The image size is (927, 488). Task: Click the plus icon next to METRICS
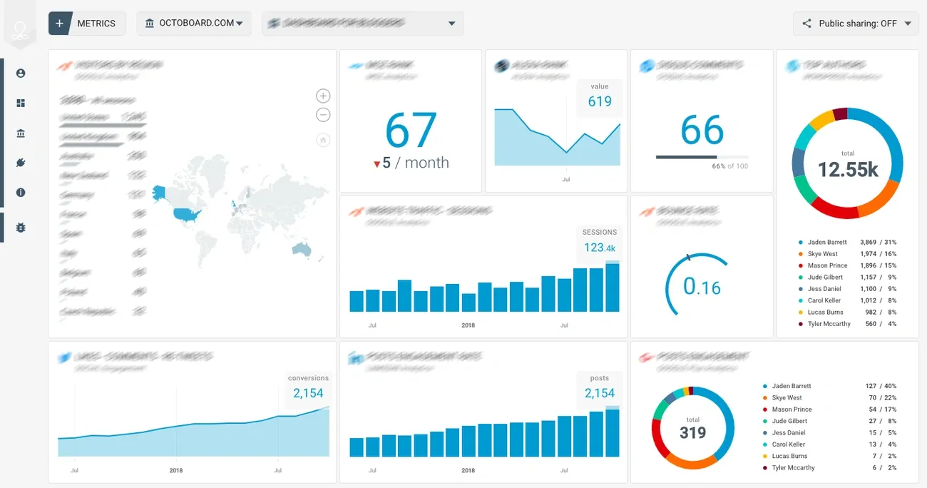[59, 24]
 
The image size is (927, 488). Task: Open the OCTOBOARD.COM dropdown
[193, 24]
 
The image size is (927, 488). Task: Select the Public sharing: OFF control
[856, 24]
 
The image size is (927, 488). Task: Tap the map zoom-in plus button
[323, 96]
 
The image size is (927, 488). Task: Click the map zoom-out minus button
[323, 115]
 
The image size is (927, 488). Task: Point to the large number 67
[411, 130]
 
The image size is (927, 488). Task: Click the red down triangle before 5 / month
[377, 164]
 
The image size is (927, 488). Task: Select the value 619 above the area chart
[600, 101]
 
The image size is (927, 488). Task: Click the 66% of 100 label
[729, 166]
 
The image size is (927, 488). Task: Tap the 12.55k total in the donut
[847, 169]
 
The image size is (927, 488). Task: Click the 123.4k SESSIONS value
[599, 248]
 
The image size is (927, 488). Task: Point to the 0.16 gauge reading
[702, 287]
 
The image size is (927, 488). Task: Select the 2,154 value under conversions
[308, 393]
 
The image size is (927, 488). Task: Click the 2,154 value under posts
[599, 393]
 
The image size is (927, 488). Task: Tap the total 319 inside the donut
[692, 432]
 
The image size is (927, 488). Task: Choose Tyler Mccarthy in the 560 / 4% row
[829, 324]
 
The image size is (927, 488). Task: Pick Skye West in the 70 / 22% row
[787, 397]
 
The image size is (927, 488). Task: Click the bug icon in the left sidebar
[21, 228]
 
